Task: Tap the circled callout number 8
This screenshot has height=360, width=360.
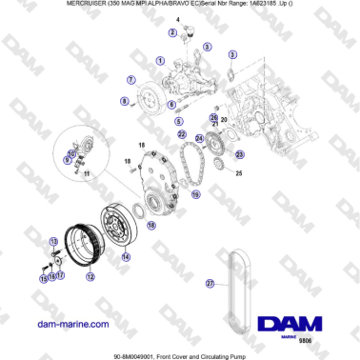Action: pos(123,99)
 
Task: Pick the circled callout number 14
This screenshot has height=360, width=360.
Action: pos(125,255)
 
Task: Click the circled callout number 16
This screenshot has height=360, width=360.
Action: pos(151,226)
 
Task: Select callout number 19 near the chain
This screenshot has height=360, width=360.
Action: pos(195,193)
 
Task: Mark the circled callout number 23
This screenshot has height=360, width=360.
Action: pos(239,153)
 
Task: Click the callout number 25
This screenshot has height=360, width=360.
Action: pos(239,174)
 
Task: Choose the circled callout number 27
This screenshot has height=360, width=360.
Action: pos(211,282)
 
